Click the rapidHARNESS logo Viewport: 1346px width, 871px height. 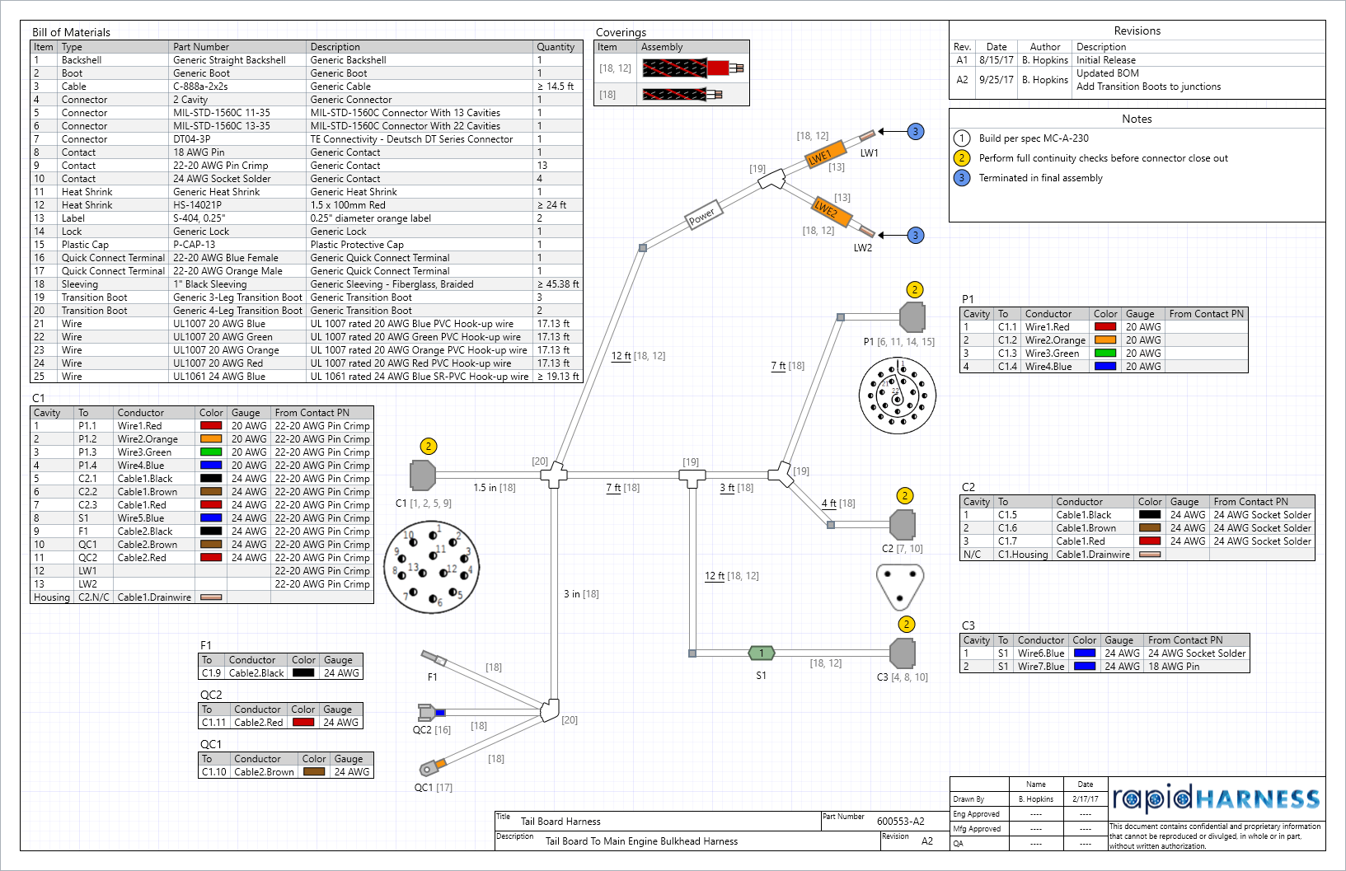pos(1216,798)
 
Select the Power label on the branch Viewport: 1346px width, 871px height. pos(703,216)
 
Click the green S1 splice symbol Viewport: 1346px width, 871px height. pos(762,653)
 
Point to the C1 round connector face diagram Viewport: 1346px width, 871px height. pos(432,567)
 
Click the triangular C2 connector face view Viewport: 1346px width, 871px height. pos(899,585)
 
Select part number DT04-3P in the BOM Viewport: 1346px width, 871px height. pos(191,139)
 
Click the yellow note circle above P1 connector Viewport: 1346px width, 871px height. pos(914,289)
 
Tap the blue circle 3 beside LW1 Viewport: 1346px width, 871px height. pos(915,132)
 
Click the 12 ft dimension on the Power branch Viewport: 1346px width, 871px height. pos(621,356)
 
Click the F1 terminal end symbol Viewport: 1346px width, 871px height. pos(434,658)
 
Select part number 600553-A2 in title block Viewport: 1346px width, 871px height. pos(900,822)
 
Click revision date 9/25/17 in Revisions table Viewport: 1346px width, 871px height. pos(997,80)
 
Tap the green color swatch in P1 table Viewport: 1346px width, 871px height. pos(1104,353)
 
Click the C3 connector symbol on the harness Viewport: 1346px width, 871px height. pos(903,653)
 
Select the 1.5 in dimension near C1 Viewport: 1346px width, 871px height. pos(485,488)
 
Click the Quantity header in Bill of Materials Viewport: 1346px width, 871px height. pos(556,47)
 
